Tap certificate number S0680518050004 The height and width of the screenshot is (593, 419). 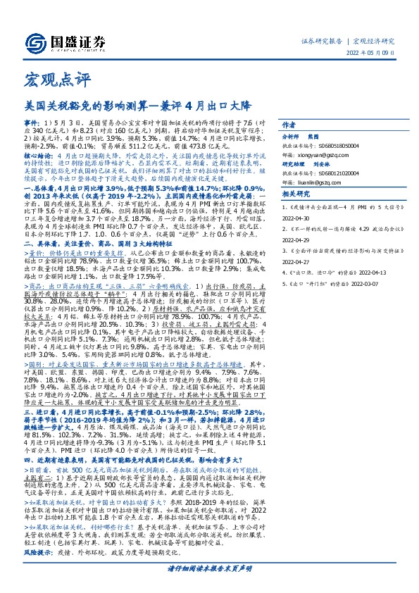click(336, 144)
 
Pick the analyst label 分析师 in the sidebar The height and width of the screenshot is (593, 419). click(291, 136)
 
